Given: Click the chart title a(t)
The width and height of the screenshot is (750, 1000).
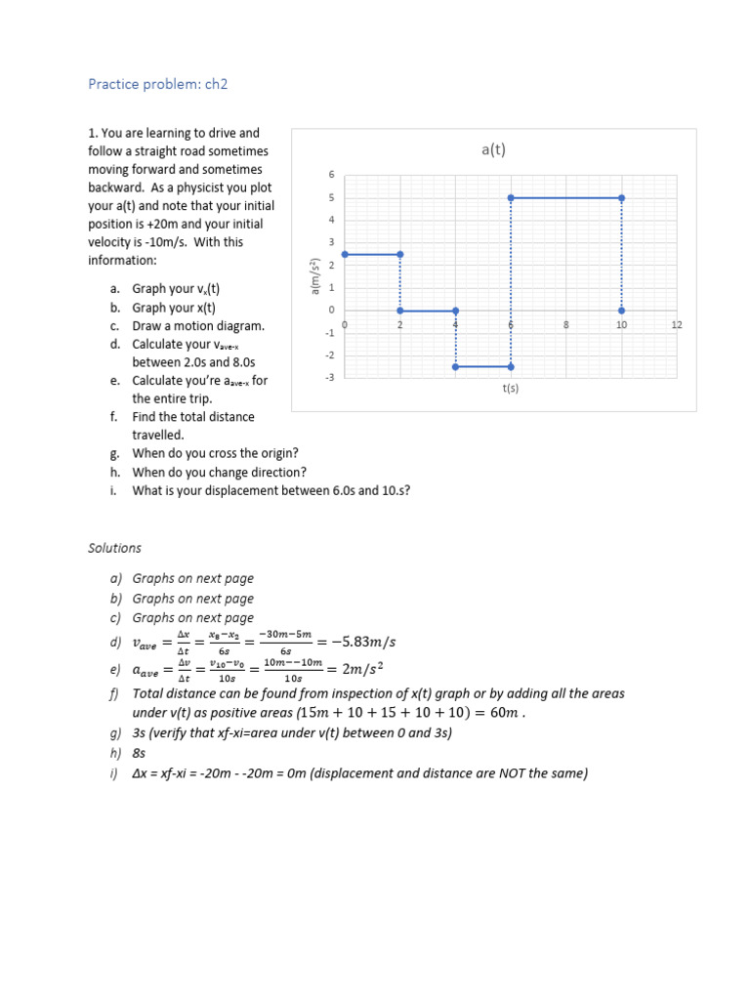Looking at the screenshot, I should pos(493,149).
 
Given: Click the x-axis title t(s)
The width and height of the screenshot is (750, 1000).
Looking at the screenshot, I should pos(510,388).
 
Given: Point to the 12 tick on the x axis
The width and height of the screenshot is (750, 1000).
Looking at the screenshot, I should pos(677,324).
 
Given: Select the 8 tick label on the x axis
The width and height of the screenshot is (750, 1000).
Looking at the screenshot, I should pos(566,324).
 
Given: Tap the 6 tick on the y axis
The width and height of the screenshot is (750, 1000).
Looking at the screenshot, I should pos(331,175).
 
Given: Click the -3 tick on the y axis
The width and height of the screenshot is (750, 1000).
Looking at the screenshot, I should pos(330,377).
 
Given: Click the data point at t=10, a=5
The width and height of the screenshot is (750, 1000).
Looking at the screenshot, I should pos(622,198).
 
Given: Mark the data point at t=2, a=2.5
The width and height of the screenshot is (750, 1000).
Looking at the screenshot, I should pos(400,254).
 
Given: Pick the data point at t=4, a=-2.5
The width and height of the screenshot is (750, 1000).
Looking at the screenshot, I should pos(456,367).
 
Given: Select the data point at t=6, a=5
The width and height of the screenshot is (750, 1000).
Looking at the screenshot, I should pos(511,198).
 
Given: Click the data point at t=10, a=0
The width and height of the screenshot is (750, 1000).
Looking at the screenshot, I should pos(622,311).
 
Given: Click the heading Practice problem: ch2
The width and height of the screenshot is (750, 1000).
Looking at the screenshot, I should pos(157,84).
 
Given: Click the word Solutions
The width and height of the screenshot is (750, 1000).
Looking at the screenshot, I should pos(114,548).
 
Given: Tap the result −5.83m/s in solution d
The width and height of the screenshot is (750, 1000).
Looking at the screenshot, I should pos(363,642).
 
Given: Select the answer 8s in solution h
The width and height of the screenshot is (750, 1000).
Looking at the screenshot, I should pos(140,754).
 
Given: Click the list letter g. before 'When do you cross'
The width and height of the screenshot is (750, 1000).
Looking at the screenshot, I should pos(114,454).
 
